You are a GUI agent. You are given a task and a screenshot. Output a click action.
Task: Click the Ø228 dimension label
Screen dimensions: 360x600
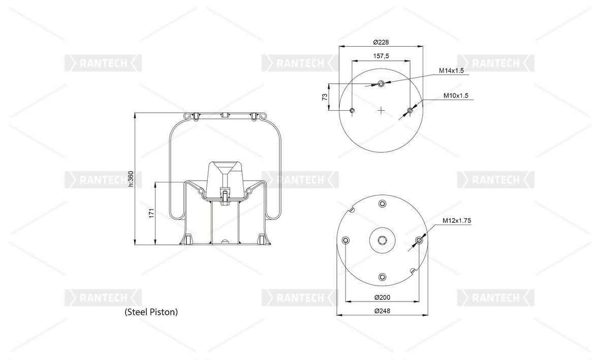[381, 42]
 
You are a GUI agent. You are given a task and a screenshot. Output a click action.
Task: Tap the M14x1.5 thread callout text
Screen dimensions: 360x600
[452, 71]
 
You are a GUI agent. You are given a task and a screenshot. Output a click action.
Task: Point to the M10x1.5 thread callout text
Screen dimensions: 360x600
[455, 95]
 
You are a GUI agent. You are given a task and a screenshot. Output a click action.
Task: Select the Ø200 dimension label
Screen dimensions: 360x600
[381, 298]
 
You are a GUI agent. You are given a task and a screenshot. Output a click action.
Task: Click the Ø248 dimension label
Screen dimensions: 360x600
[381, 311]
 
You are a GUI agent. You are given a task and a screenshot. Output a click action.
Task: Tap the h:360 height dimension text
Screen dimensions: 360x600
[131, 179]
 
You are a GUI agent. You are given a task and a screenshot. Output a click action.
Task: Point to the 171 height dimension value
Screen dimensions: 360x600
[151, 214]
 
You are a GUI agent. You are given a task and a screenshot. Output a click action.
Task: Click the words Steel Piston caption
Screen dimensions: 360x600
[151, 312]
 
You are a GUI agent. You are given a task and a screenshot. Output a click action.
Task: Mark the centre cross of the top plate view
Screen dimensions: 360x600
[382, 109]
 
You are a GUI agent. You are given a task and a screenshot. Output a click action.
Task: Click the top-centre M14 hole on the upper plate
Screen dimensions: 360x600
[382, 83]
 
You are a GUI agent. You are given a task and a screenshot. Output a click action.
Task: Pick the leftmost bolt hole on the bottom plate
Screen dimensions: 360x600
[346, 240]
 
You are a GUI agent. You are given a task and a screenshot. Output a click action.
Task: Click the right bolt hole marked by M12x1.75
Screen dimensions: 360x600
[419, 240]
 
